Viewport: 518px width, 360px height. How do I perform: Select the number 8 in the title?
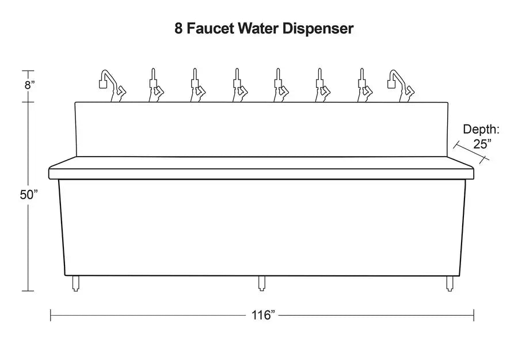point(179,29)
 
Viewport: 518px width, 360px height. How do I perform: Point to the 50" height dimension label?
point(29,195)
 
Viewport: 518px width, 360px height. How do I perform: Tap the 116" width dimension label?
point(263,315)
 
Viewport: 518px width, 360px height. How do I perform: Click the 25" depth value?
point(481,144)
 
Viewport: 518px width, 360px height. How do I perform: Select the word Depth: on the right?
point(481,130)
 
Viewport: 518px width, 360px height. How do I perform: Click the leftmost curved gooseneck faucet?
point(111,85)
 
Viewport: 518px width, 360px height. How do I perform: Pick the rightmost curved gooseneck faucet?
point(401,85)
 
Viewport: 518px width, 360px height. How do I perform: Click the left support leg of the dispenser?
point(75,283)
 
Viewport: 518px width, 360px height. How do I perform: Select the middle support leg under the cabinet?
point(261,283)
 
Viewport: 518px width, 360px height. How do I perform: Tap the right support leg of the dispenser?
point(448,283)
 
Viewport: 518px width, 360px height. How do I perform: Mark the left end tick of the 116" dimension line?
point(51,315)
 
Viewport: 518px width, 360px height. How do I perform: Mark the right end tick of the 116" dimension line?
point(474,315)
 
